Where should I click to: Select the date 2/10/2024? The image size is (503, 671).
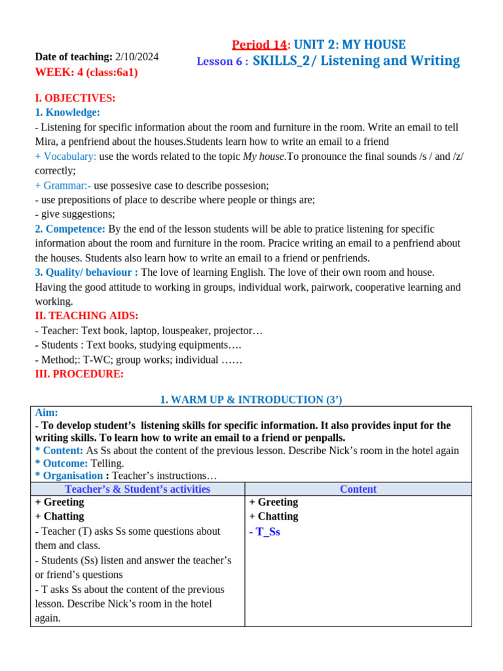point(137,57)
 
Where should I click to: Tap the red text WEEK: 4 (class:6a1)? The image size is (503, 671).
point(86,72)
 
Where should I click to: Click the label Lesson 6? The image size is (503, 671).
point(220,62)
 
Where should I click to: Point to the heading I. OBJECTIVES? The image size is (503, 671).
point(75,98)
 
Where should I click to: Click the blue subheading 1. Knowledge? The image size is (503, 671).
point(67,113)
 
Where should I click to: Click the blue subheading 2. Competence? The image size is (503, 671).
point(70,229)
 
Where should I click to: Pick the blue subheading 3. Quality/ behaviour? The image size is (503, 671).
point(83,272)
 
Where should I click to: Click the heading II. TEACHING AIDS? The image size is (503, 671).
point(86,316)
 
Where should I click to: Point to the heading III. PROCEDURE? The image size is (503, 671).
point(79,374)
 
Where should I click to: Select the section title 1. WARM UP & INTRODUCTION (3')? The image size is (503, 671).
point(251,400)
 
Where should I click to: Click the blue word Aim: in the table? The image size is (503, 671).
point(47,413)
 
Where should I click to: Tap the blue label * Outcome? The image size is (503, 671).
point(61,463)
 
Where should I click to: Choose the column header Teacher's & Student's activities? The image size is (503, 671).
point(138,489)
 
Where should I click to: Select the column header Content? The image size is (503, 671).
point(358,489)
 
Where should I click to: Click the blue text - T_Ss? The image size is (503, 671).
point(265,532)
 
